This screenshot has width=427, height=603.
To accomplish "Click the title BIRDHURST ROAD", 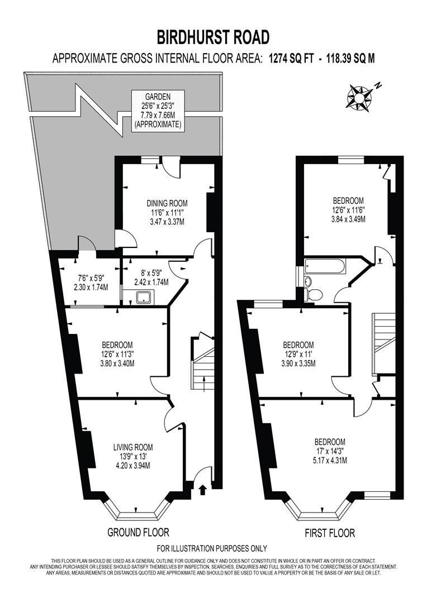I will [x=213, y=37].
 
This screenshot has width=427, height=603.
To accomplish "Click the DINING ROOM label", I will [x=167, y=212].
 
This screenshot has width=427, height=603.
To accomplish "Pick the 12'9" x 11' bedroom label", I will [x=298, y=354].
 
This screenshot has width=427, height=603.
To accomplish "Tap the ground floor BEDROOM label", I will [x=117, y=353].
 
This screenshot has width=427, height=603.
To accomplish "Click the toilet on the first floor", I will [x=314, y=294].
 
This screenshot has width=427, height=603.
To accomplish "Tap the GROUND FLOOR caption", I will [x=138, y=533].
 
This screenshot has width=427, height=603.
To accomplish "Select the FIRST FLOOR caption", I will [x=330, y=533].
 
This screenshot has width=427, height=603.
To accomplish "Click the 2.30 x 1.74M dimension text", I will [x=91, y=287].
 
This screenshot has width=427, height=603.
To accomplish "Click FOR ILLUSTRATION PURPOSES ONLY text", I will [x=212, y=548].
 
